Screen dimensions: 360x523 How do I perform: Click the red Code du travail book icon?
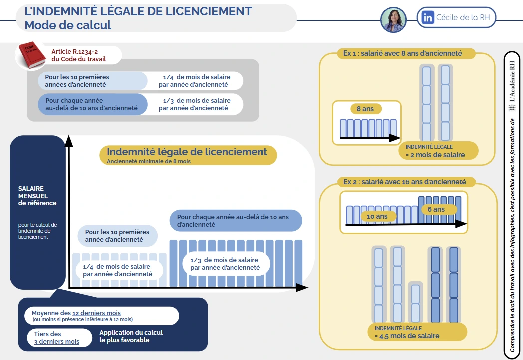point(33,55)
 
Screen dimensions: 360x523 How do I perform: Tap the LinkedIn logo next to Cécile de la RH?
point(428,18)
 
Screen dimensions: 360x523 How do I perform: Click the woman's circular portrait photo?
point(394,20)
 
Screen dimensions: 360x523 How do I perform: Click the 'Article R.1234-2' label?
point(75,52)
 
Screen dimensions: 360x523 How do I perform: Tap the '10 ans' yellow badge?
point(377,216)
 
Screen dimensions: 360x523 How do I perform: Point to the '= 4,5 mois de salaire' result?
point(407,336)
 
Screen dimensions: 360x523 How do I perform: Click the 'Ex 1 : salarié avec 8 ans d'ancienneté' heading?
point(402,53)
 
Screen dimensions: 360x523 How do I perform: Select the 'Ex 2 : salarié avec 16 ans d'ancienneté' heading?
point(404,182)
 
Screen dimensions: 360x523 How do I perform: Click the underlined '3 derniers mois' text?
point(56,342)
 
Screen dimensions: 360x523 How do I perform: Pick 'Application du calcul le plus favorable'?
point(131,336)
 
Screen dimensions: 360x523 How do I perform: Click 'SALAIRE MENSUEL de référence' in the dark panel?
point(37,196)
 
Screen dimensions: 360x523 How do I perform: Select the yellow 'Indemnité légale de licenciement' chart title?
point(187,152)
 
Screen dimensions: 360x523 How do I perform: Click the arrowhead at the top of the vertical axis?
point(69,141)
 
